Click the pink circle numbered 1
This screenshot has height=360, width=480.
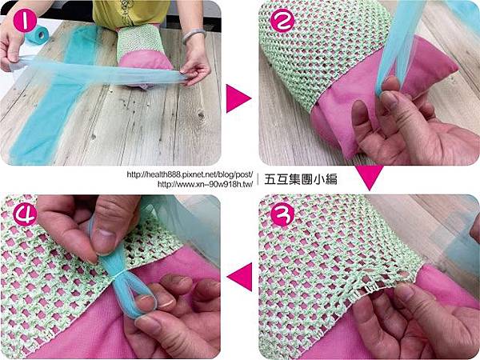click(25, 21)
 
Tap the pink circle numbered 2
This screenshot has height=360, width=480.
click(282, 20)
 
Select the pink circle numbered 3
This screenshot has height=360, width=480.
click(282, 214)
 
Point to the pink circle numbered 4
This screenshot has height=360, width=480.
click(25, 214)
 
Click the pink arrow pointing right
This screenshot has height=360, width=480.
click(238, 98)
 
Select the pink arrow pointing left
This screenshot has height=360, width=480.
click(240, 277)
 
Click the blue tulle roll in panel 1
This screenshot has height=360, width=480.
click(37, 34)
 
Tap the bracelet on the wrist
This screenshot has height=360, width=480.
click(194, 35)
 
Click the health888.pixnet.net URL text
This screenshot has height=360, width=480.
click(190, 174)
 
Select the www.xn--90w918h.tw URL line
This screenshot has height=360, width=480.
click(205, 184)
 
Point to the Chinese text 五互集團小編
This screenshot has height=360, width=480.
click(301, 179)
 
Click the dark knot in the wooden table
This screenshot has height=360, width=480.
click(201, 115)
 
